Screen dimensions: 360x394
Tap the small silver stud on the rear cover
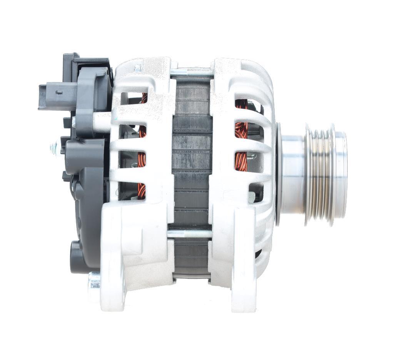(53, 146)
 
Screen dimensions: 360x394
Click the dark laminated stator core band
(192, 162)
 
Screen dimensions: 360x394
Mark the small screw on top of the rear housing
(137, 68)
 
